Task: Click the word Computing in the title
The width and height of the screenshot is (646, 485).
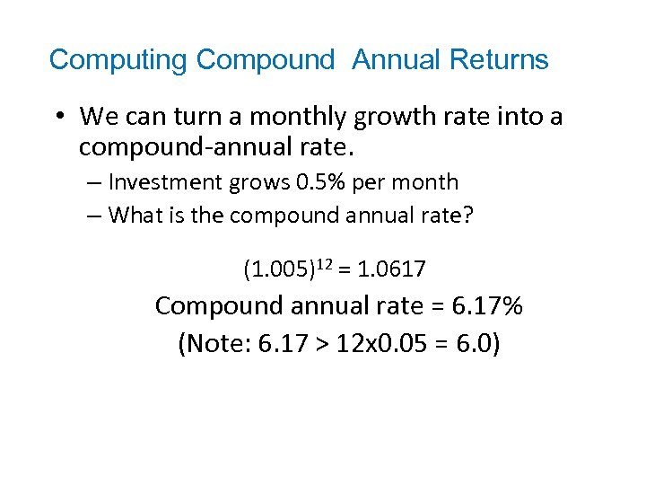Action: tap(118, 60)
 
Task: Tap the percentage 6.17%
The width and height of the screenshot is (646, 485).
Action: tap(488, 305)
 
